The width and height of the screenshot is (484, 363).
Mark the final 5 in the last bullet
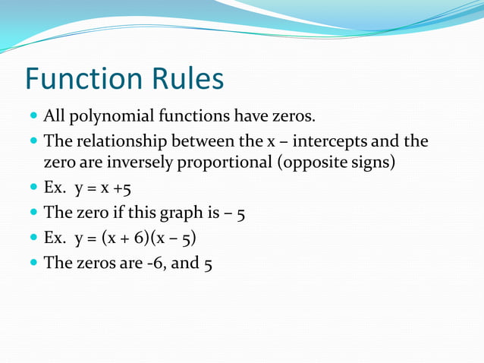tap(207, 264)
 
